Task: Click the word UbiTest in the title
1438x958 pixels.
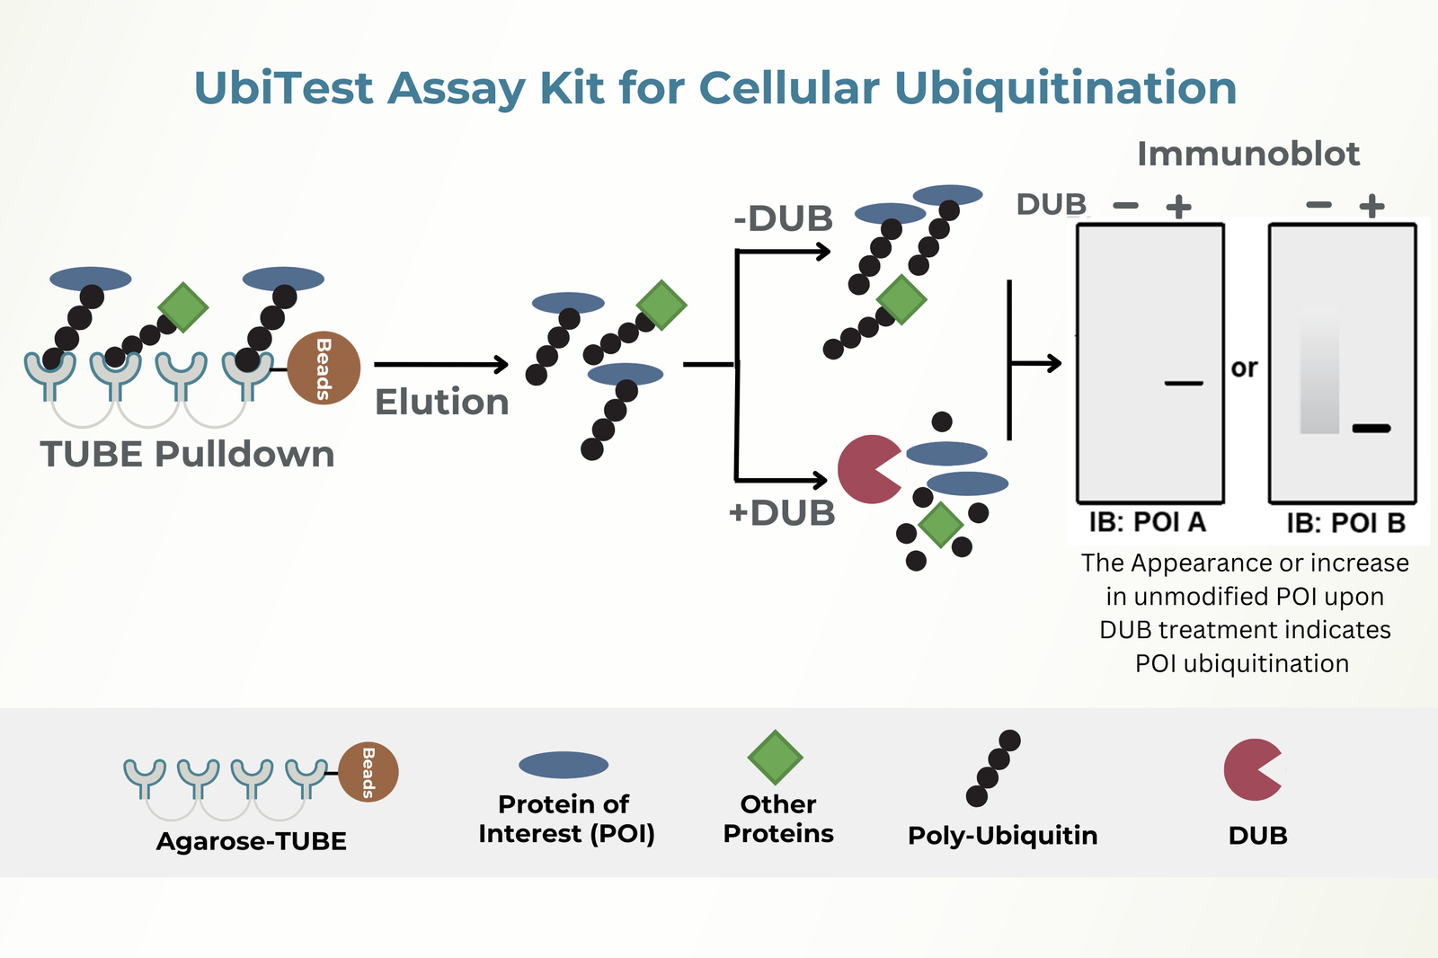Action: tap(283, 88)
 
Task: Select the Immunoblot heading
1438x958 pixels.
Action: tap(1248, 154)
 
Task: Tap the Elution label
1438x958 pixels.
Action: tap(441, 402)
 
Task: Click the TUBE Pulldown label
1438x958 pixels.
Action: tap(187, 454)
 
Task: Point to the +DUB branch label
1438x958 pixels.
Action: tap(782, 513)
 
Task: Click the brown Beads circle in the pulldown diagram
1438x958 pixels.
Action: tap(324, 368)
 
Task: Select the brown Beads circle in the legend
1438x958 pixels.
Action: tap(368, 772)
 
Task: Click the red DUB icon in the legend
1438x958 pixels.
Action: tap(1252, 770)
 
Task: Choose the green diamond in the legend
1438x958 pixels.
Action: tap(775, 758)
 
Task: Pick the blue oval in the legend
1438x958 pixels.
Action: tap(564, 765)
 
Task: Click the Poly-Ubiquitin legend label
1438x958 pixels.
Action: tap(1002, 836)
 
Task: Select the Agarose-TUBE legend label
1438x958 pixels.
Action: tap(252, 841)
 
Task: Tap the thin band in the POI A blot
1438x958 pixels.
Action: tap(1184, 384)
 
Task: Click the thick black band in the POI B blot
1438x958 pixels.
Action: tap(1371, 429)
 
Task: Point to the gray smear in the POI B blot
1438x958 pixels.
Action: tap(1319, 373)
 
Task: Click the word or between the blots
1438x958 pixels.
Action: tap(1245, 368)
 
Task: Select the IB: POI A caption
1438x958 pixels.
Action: tap(1147, 522)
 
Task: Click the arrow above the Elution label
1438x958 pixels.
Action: tap(441, 364)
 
